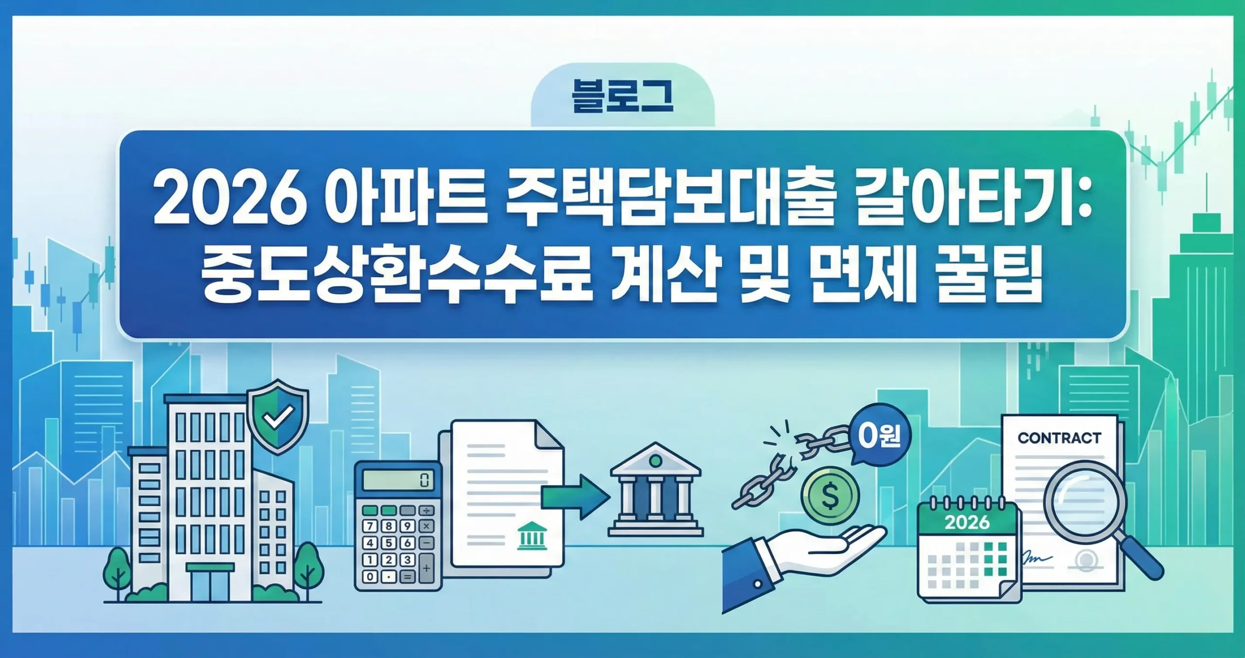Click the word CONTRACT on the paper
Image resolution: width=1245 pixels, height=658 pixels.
1059,438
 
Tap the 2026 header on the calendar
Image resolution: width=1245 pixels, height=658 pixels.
967,522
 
